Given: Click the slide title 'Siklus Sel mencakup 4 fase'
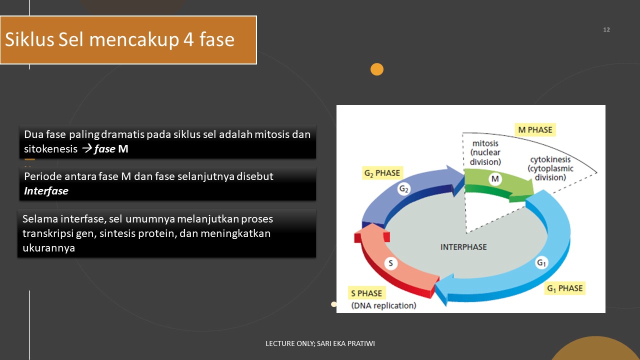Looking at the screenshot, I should [x=120, y=39].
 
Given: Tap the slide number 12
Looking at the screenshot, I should [x=606, y=30].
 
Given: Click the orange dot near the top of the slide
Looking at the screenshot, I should [x=377, y=69].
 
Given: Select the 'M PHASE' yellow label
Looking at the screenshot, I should [x=535, y=130].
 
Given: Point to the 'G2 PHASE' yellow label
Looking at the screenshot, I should [x=382, y=173].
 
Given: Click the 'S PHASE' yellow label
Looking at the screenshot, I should [x=366, y=293].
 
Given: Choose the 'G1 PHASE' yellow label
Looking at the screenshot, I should [x=564, y=288].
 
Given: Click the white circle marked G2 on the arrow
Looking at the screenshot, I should [x=404, y=189].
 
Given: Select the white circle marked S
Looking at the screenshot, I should [x=390, y=263].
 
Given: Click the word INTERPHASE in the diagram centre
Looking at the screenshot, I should [x=463, y=247].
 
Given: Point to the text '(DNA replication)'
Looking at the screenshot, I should [x=383, y=305].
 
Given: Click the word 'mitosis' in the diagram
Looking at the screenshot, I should [x=485, y=144].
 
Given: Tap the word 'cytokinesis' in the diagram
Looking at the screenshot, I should [x=551, y=160].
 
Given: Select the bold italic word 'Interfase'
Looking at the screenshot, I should [x=46, y=191].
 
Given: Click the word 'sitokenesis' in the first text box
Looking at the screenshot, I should [x=50, y=149].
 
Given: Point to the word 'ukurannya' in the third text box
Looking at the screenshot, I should [x=48, y=248].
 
